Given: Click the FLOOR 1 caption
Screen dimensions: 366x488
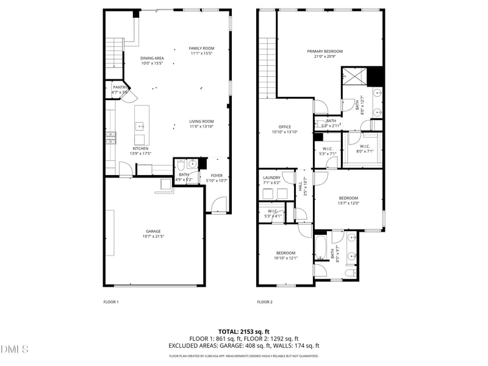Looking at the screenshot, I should pos(110,302).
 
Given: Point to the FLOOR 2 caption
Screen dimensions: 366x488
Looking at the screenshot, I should pos(264,302).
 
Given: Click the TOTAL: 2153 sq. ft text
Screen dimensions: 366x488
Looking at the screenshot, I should pos(244,331).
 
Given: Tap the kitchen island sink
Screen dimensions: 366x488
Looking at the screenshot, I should pos(140,126).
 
